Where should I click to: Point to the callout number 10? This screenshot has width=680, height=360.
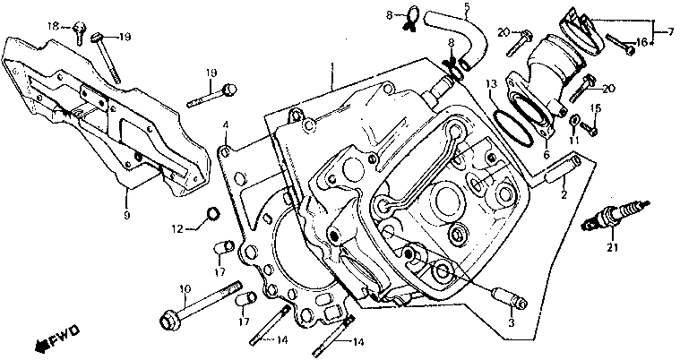[x=185, y=287]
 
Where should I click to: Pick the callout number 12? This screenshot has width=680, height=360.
[x=178, y=229]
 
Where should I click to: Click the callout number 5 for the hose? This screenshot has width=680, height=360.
[x=466, y=10]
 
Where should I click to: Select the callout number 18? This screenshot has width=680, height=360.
[x=53, y=26]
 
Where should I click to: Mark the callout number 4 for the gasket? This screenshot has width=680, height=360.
[x=227, y=124]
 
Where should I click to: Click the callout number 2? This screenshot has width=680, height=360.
[x=564, y=193]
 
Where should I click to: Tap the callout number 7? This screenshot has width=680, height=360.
[x=670, y=33]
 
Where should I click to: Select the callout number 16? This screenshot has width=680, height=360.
[x=641, y=42]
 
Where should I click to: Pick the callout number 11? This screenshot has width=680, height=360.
[x=574, y=140]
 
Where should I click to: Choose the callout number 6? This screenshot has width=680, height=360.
[x=545, y=154]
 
